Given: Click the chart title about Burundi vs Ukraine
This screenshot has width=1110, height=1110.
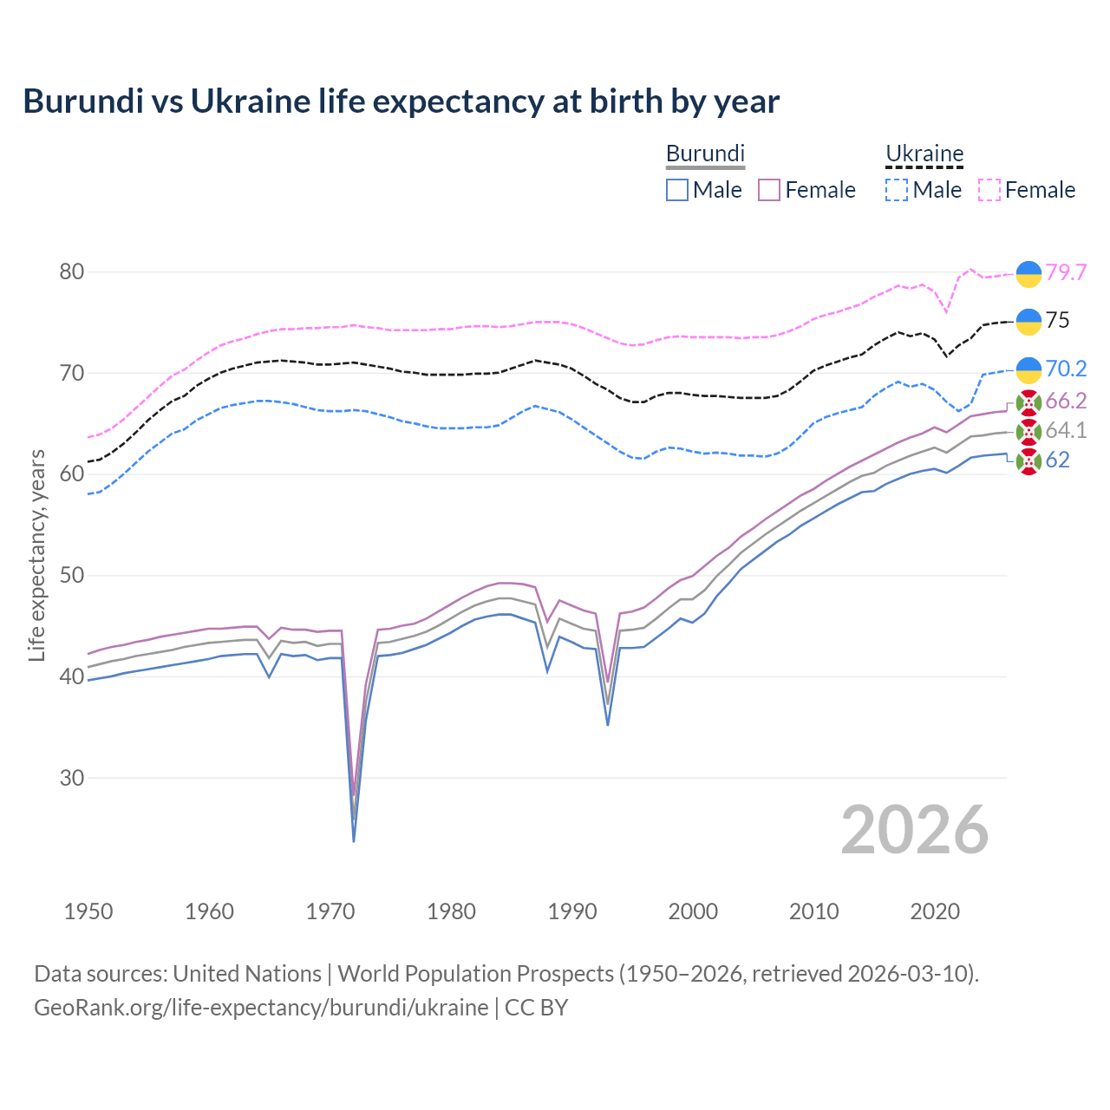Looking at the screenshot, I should tap(401, 101).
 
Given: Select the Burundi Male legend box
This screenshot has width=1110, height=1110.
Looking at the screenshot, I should tap(677, 190).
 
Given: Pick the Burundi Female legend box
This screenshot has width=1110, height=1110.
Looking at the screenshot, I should tap(770, 190).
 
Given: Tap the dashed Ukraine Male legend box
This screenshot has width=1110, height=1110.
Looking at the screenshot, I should tap(897, 190).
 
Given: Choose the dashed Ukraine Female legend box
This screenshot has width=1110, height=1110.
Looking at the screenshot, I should tap(989, 190).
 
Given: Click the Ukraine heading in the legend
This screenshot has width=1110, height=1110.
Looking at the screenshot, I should tap(924, 154).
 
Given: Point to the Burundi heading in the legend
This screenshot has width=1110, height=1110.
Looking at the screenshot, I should tap(705, 154).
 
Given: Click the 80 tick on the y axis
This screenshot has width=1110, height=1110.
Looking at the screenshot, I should tap(72, 272).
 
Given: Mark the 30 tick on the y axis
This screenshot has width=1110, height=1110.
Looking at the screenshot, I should tap(72, 778).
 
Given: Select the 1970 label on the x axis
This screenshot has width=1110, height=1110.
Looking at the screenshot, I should tap(330, 911).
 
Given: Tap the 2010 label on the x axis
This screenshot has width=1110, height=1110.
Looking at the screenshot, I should tap(813, 911).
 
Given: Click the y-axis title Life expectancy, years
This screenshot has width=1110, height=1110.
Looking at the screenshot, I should tap(36, 555).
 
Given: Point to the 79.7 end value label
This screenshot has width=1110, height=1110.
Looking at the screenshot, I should tap(1066, 272).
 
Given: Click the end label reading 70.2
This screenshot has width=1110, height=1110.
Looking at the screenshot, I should tap(1066, 369).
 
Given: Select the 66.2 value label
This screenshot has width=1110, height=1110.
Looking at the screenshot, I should tap(1066, 401).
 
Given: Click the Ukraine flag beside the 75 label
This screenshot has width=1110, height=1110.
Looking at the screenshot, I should tap(1028, 321).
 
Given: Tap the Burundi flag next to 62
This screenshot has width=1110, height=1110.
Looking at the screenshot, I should tap(1028, 461).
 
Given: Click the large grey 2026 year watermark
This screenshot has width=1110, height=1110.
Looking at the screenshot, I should tap(915, 830).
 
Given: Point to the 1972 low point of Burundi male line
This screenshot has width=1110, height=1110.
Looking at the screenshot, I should tap(354, 840).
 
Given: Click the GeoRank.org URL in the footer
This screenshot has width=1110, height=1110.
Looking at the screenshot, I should tap(261, 1008).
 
